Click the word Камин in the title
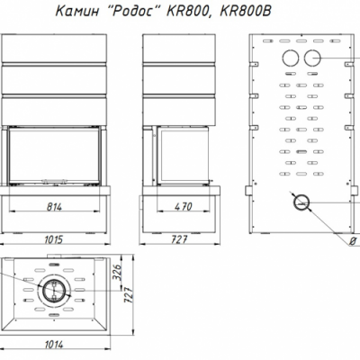pyautogui.click(x=77, y=12)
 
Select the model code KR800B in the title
pyautogui.click(x=246, y=12)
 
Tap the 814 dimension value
pyautogui.click(x=54, y=207)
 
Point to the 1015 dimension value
pyautogui.click(x=54, y=239)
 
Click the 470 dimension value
pyautogui.click(x=184, y=207)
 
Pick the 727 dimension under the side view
pyautogui.click(x=179, y=239)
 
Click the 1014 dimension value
pyautogui.click(x=54, y=345)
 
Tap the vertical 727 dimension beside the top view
pyautogui.click(x=128, y=296)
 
